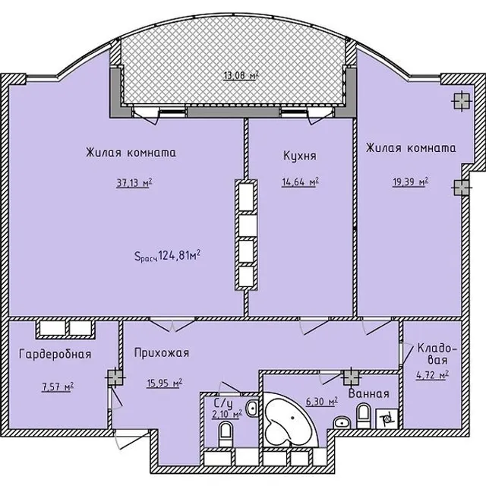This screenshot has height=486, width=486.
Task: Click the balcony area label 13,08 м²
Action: pos(241,75)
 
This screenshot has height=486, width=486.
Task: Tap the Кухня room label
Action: pos(300,156)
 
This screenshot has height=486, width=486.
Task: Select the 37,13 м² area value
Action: pos(134,182)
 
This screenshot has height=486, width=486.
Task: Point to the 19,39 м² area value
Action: pos(410,181)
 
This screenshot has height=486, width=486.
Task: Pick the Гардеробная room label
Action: pos(55,354)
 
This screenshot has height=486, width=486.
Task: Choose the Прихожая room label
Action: pos(162,352)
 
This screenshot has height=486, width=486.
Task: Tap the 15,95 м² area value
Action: pos(164,383)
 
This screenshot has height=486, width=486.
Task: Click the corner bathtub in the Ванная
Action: pos(290,420)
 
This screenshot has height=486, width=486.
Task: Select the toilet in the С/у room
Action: pos(226,435)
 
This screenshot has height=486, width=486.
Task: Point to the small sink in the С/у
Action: pos(252,409)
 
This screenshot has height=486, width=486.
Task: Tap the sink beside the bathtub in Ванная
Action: pos(342,422)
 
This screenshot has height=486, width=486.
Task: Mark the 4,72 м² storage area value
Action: pos(432,375)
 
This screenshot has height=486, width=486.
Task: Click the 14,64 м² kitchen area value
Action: pos(300,182)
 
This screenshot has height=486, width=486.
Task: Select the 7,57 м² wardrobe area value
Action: pos(58,387)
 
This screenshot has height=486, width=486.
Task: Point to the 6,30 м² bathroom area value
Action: pos(321,402)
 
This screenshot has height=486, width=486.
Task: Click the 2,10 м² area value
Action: pos(227,414)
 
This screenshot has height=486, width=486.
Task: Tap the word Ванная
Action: pos(368,393)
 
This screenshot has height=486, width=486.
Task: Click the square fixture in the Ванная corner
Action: pos(387,418)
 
